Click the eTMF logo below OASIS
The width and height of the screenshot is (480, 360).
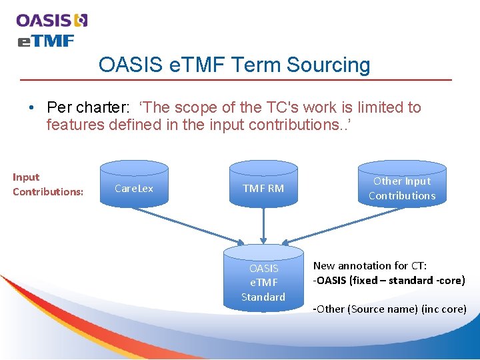click(45, 41)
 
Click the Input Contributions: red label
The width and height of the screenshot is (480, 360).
click(48, 185)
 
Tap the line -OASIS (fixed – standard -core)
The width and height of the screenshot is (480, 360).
click(389, 280)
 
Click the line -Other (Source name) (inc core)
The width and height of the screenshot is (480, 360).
click(389, 309)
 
